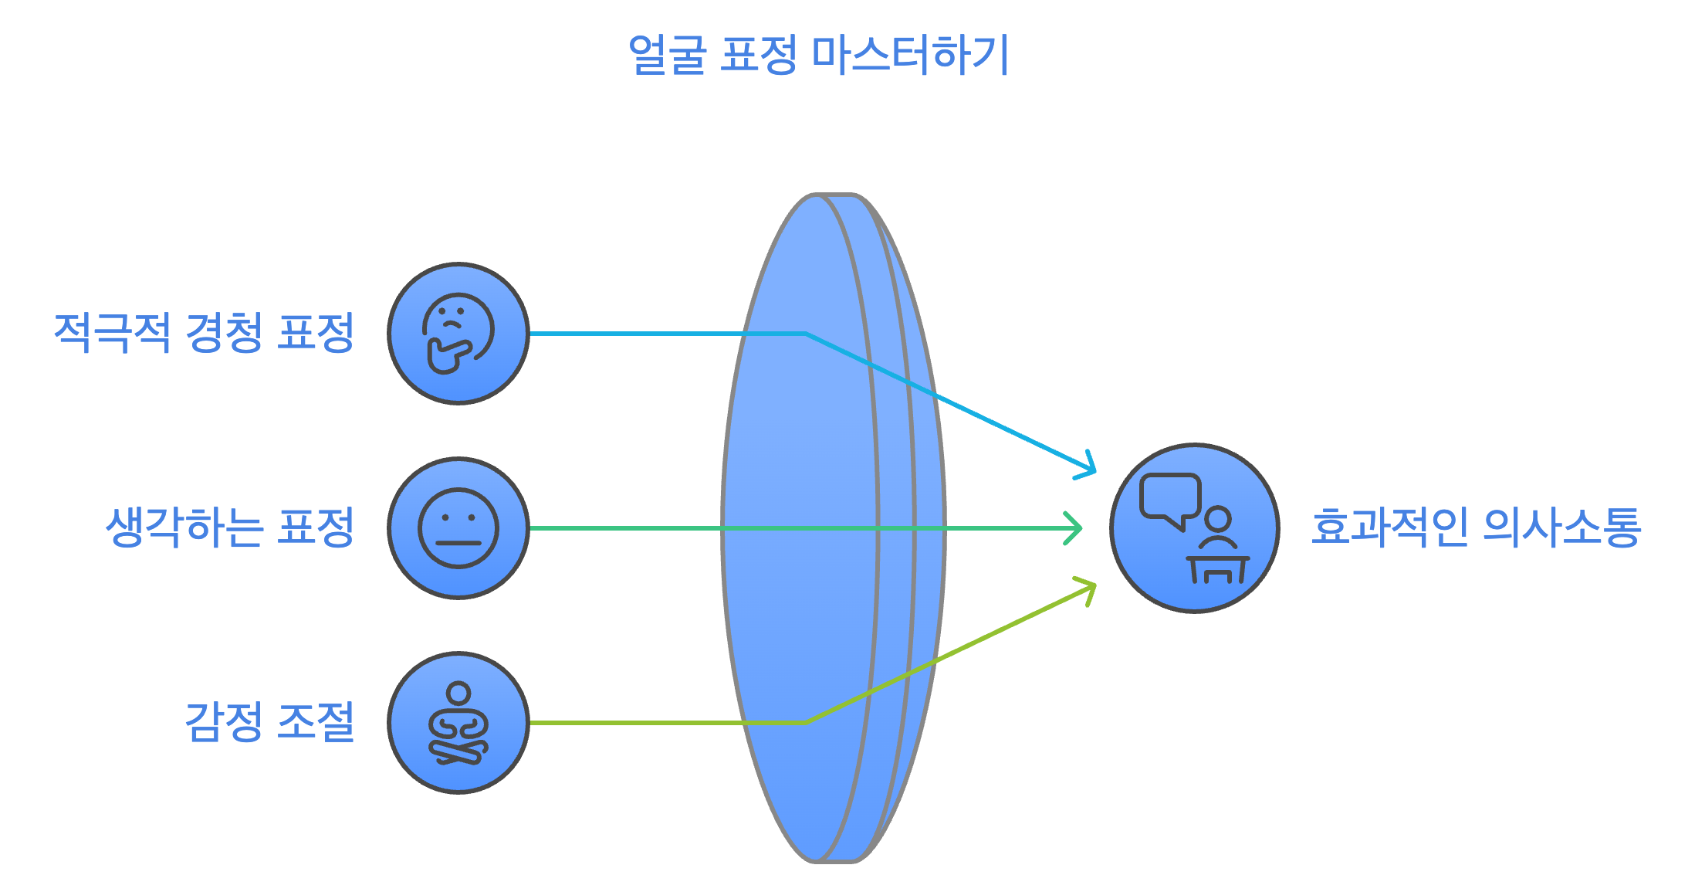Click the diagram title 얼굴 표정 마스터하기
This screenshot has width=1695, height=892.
(818, 55)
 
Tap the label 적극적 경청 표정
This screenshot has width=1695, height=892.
(204, 333)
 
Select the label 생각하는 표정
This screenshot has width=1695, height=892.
(230, 527)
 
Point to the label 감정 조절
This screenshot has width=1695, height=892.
(269, 722)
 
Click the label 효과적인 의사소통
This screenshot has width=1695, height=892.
(1476, 527)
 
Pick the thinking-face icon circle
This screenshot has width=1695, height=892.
(458, 334)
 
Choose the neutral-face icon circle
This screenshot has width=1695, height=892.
(458, 528)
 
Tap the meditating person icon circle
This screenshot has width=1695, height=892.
(458, 723)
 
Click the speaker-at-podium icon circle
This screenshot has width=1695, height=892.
(1195, 528)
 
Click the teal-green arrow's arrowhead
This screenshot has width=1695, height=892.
(1075, 528)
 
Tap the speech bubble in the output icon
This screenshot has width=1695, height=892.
(1170, 497)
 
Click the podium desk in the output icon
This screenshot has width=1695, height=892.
(1218, 568)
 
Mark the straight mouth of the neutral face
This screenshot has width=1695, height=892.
(458, 543)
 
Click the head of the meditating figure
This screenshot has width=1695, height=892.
(458, 693)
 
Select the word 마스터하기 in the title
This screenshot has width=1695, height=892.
(911, 55)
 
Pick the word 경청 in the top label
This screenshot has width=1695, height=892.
(224, 333)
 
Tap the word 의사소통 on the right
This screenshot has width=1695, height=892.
(1562, 527)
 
